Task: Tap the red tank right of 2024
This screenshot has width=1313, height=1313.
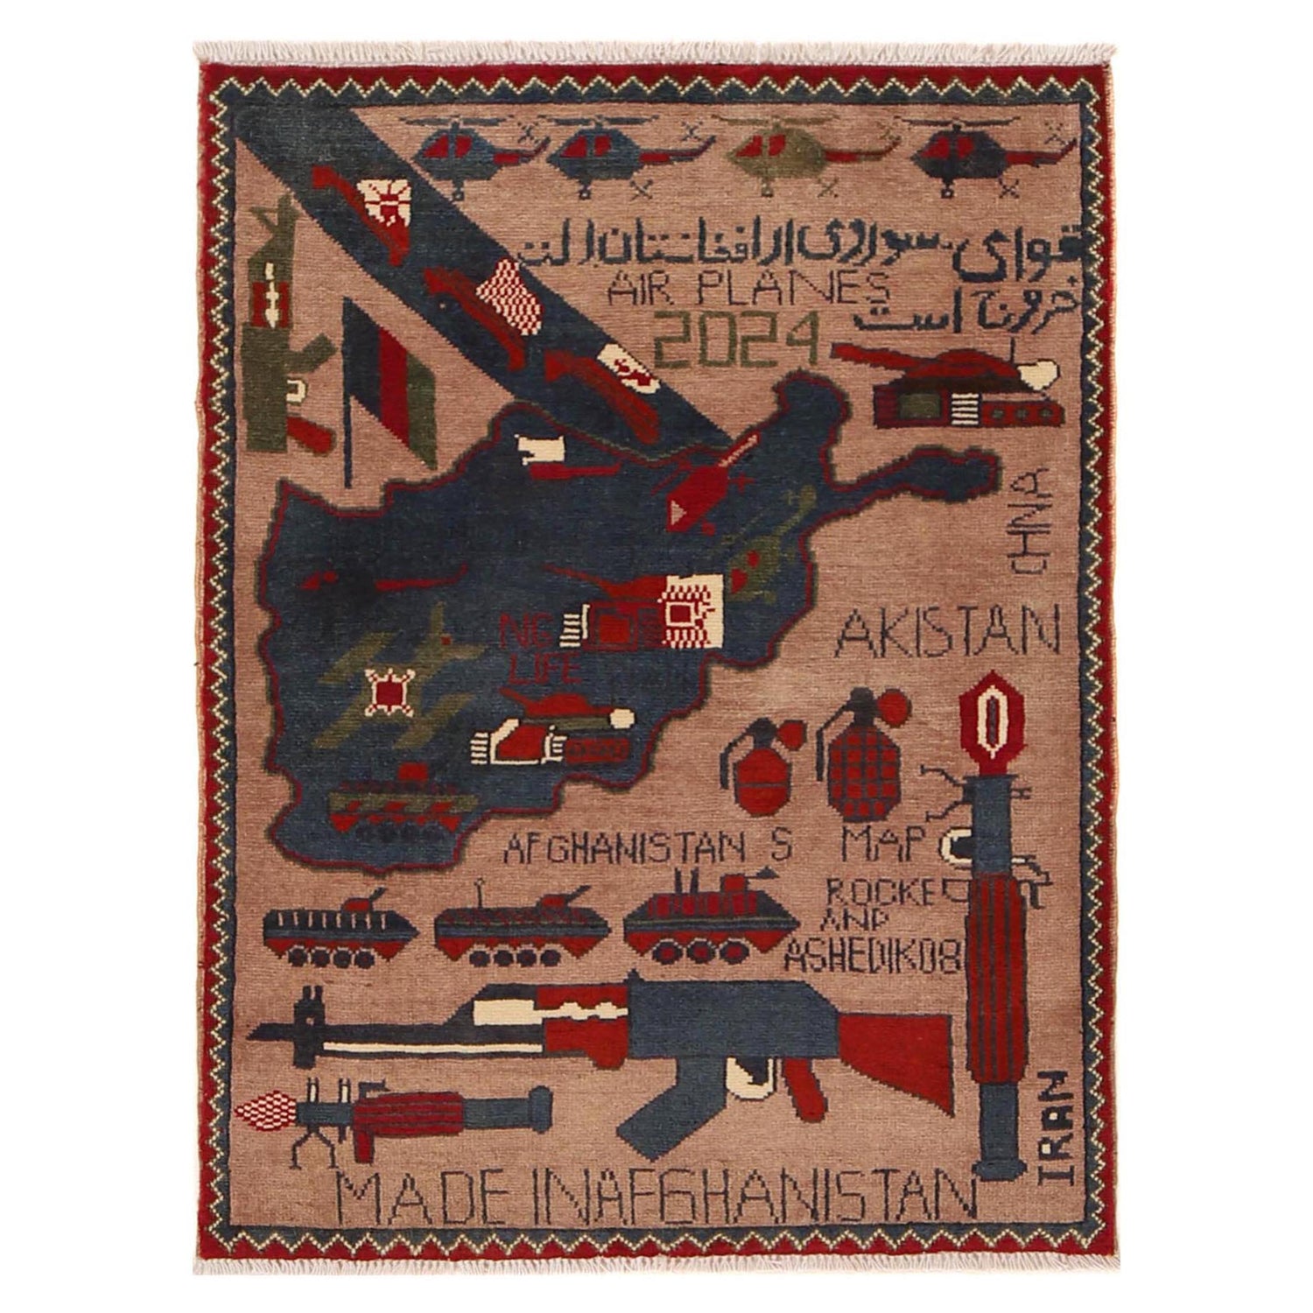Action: click(x=963, y=385)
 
